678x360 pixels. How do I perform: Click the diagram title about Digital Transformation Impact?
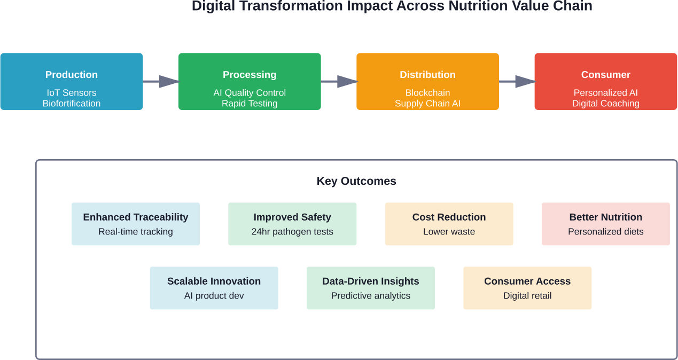coord(392,6)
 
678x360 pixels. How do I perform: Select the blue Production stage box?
coord(71,81)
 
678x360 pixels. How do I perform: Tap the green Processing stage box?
coord(250,81)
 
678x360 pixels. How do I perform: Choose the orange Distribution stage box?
coord(427,81)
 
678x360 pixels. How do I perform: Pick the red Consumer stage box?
coord(605,81)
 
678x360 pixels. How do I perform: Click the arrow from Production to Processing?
coord(161,81)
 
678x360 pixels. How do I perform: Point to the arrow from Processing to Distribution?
coord(339,81)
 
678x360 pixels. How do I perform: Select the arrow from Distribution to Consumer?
coord(517,81)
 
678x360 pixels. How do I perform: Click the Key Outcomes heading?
coord(356,181)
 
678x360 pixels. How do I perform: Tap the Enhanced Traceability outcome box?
coord(136,224)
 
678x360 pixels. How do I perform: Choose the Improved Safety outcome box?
coord(292,224)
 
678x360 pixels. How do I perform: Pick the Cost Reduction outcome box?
coord(449,224)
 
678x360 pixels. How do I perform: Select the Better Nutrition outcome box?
coord(605,224)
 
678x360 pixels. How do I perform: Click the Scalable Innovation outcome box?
coord(214,288)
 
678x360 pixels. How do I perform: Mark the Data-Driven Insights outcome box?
coord(370,288)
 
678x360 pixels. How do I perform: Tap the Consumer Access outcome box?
coord(527,288)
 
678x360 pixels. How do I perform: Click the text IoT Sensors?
coord(72,93)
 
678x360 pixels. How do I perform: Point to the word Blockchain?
coord(427,93)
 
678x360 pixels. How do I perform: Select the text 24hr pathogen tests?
coord(292,232)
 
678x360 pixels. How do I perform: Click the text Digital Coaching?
coord(605,104)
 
